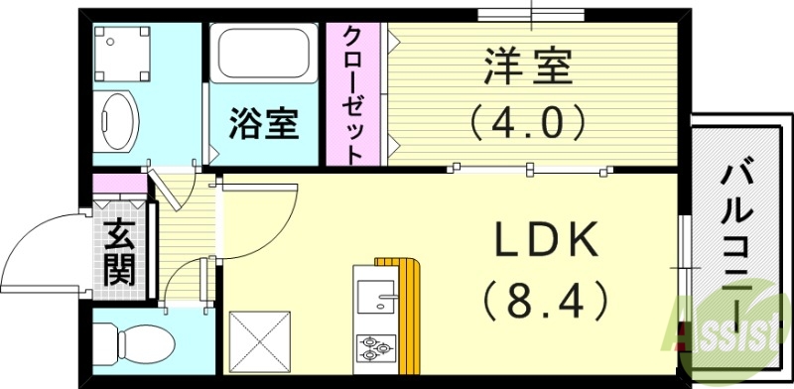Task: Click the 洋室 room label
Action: click(x=527, y=69)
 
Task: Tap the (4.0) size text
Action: click(x=527, y=122)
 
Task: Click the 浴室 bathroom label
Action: click(x=264, y=125)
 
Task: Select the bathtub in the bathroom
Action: click(x=264, y=60)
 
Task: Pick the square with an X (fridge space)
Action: click(x=261, y=343)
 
